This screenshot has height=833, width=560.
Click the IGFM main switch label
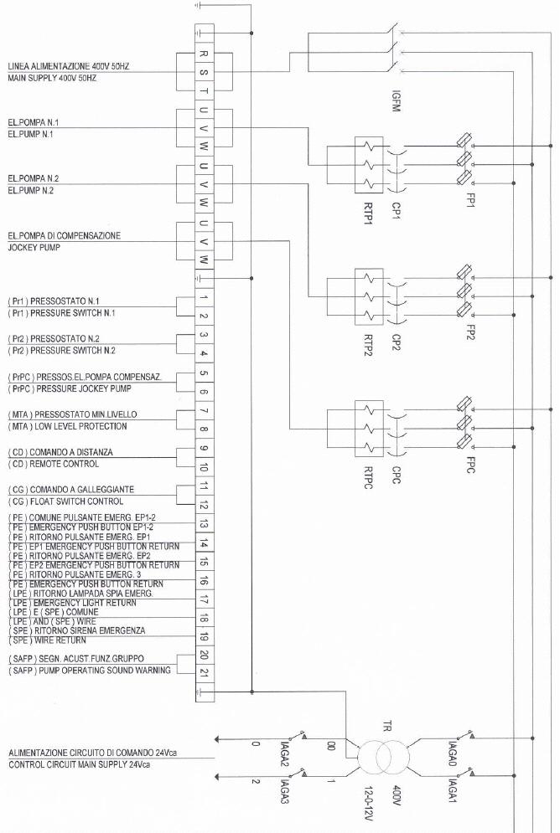(396, 101)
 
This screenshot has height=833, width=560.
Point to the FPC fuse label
(470, 465)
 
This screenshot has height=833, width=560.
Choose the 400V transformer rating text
(397, 795)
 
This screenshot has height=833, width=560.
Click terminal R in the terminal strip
(205, 54)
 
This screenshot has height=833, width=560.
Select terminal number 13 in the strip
(205, 524)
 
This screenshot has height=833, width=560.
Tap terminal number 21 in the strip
(205, 673)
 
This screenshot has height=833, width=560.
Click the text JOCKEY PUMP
(34, 248)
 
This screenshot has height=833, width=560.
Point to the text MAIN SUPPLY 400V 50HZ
(52, 78)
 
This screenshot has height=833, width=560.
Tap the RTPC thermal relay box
(369, 429)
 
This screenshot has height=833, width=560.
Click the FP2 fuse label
(470, 332)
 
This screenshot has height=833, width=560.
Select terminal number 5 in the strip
(205, 373)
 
